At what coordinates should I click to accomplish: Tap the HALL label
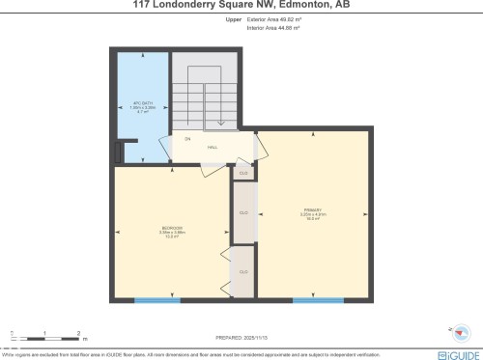[213, 148]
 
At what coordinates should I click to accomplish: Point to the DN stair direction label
[187, 139]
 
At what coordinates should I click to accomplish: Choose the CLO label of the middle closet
[242, 212]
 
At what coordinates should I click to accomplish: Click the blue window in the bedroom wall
[157, 300]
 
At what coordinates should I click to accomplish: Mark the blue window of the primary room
[318, 300]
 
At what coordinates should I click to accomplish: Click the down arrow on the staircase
[222, 122]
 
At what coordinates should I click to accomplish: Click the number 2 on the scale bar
[78, 334]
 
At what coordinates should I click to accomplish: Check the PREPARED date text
[241, 337]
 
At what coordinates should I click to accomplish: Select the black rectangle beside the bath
[119, 152]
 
